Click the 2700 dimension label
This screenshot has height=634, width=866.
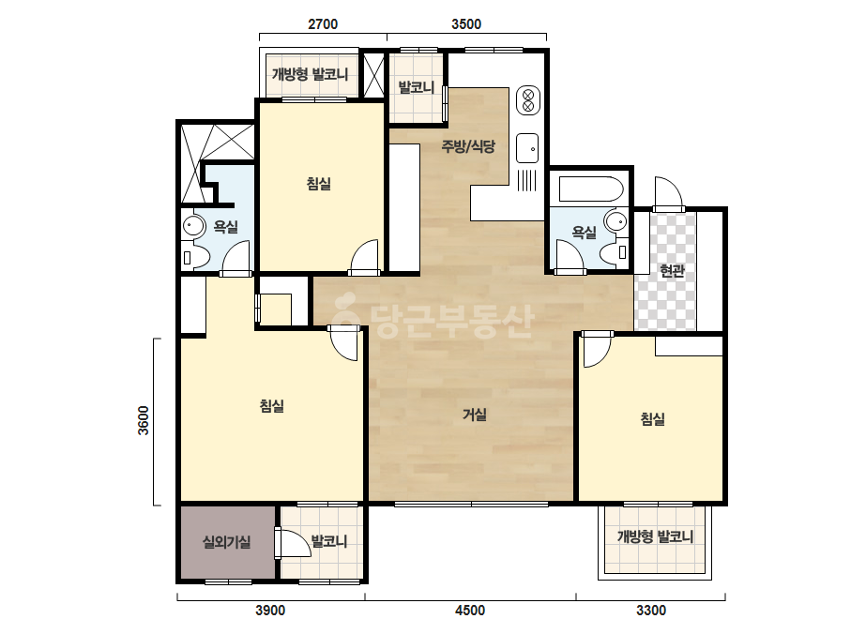323,24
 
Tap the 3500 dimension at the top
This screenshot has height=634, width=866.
466,24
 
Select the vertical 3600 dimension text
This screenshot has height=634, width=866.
144,421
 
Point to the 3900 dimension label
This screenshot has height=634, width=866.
270,611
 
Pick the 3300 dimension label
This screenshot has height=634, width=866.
651,611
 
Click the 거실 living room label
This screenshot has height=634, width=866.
475,415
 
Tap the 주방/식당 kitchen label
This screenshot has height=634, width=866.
468,146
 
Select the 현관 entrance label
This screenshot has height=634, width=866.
672,271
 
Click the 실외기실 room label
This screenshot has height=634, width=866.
226,542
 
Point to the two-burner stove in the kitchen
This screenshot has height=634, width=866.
528,100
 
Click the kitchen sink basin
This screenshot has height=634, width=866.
527,148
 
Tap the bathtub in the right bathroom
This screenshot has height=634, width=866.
591,189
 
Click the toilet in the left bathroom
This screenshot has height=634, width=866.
195,257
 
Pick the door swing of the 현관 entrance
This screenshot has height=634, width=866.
668,192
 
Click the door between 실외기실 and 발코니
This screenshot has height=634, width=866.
293,543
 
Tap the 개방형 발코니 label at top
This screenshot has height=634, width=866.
310,74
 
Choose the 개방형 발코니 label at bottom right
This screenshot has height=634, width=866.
655,536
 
